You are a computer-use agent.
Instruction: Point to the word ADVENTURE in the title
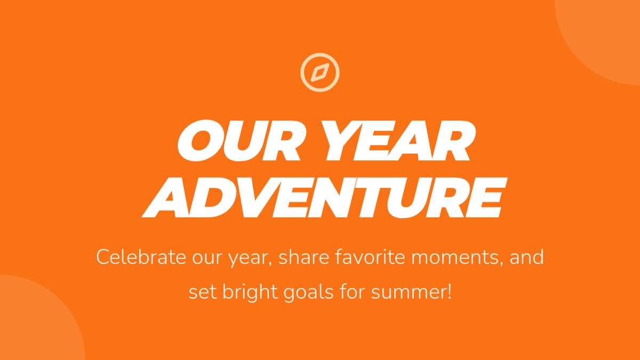[x=324, y=198]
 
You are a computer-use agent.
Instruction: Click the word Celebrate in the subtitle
[x=141, y=257]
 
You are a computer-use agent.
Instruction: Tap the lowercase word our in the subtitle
[x=207, y=259]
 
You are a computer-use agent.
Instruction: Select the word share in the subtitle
[x=304, y=257]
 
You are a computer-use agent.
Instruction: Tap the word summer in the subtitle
[x=409, y=293]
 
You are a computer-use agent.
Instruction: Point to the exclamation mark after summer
[x=449, y=291]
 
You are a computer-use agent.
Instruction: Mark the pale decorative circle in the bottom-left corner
[x=34, y=323]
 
